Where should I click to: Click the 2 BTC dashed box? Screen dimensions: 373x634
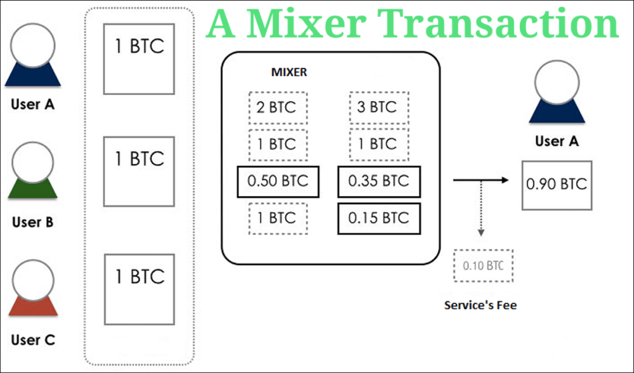(x=278, y=108)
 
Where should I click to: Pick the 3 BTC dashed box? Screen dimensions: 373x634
(x=378, y=108)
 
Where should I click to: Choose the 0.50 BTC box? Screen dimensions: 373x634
(x=278, y=181)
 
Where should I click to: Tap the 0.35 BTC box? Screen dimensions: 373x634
(x=379, y=181)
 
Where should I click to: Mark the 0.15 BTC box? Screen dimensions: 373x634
(x=379, y=218)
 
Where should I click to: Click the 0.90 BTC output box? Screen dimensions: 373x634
(x=557, y=185)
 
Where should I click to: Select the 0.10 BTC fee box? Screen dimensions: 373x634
(x=484, y=266)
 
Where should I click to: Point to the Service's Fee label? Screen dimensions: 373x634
(x=481, y=305)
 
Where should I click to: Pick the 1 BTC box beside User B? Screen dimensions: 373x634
(x=139, y=171)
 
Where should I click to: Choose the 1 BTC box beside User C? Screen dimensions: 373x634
(x=139, y=289)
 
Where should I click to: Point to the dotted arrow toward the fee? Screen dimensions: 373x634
(x=481, y=209)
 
